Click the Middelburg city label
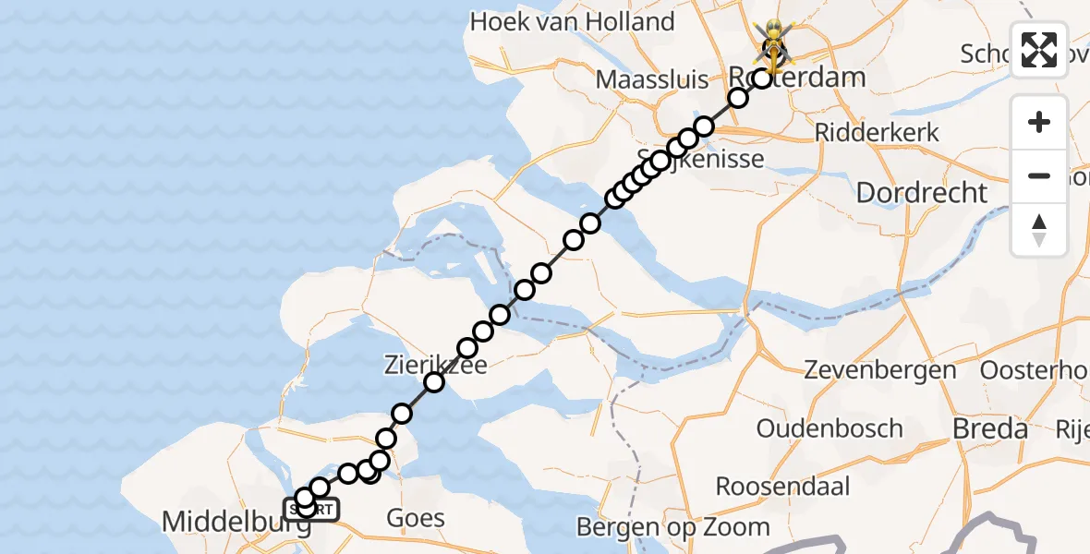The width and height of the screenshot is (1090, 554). pyautogui.click(x=236, y=522)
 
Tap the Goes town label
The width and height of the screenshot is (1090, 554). pyautogui.click(x=417, y=519)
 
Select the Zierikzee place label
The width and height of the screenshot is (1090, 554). pyautogui.click(x=422, y=366)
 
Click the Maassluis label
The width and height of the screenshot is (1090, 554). pyautogui.click(x=652, y=79)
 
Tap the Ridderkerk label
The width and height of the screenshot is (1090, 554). pyautogui.click(x=877, y=132)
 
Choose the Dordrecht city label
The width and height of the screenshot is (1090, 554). pyautogui.click(x=921, y=193)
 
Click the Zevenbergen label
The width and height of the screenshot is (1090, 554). pyautogui.click(x=880, y=371)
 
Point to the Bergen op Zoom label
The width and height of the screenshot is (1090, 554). pyautogui.click(x=672, y=527)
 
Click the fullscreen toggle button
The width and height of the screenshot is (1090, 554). pyautogui.click(x=1039, y=50)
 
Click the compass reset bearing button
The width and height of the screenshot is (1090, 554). pyautogui.click(x=1039, y=230)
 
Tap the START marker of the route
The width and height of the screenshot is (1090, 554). pyautogui.click(x=311, y=509)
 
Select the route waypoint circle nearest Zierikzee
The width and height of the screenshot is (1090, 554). pyautogui.click(x=433, y=382)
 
